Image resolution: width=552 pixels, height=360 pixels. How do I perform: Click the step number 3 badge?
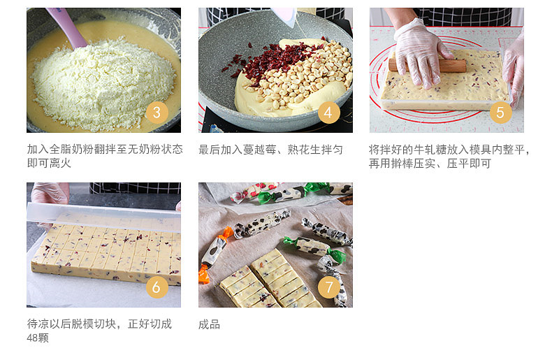click(157, 113)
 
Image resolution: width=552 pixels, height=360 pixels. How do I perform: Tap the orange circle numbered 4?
click(328, 113)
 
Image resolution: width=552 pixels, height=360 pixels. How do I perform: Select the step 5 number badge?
click(500, 113)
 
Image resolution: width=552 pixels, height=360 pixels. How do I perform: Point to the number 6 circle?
click(157, 287)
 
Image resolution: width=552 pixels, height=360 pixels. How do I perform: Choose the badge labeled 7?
click(328, 287)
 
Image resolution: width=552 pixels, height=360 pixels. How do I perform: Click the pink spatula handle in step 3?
click(67, 27)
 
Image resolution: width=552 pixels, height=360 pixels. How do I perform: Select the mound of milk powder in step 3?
click(102, 85)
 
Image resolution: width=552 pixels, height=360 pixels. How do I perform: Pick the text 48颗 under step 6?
click(38, 338)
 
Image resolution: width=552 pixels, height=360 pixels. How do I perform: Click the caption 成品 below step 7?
click(209, 324)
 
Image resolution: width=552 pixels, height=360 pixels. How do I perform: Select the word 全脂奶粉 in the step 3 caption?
click(71, 150)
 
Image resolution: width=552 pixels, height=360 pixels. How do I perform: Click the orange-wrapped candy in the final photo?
click(214, 254)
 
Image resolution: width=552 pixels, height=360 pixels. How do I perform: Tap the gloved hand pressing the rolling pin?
click(421, 53)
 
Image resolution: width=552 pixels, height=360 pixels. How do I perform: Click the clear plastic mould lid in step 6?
click(104, 215)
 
